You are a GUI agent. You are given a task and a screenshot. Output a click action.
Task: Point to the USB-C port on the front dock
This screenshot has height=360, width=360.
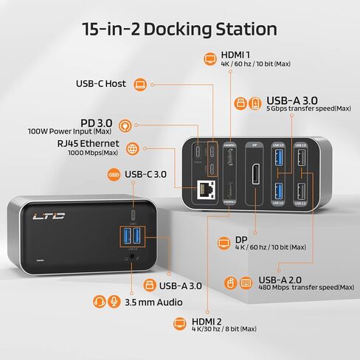click(132, 215)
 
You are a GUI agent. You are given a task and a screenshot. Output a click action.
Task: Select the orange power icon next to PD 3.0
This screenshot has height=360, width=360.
click(125, 125)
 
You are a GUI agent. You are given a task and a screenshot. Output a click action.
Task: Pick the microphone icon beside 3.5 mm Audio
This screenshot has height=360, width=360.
click(113, 301)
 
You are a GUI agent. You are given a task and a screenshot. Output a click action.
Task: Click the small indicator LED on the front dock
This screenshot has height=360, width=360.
click(39, 260)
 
